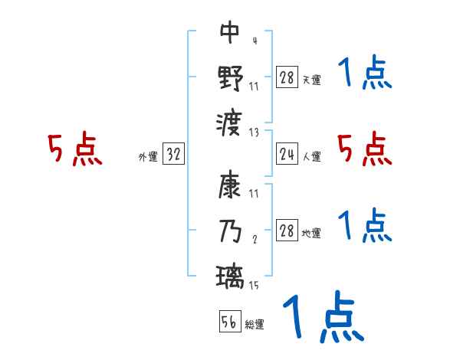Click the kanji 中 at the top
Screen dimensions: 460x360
pos(230,32)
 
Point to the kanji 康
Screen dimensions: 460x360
pos(230,186)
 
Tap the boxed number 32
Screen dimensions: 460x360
pos(173,155)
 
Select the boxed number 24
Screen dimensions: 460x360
pos(286,155)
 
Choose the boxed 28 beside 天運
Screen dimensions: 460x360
pos(286,77)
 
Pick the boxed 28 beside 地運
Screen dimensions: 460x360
pos(286,231)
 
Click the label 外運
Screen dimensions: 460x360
pos(148,156)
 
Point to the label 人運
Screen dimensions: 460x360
pos(311,156)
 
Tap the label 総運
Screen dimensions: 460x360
pos(255,324)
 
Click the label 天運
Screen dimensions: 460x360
pos(311,79)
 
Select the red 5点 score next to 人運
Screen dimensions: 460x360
pos(365,149)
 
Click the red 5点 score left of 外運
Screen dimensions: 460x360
pos(75,149)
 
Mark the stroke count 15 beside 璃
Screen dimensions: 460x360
pos(253,286)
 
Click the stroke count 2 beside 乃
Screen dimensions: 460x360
pos(255,240)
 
